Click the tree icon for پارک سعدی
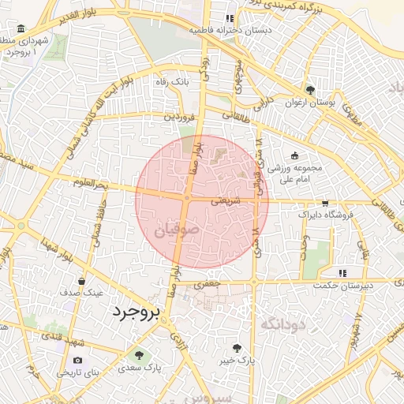click(x=140, y=355)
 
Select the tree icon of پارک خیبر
click(x=236, y=347)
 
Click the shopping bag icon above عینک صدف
click(x=82, y=280)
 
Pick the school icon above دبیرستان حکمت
click(x=342, y=273)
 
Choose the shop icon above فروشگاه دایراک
click(x=325, y=203)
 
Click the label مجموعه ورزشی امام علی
click(x=294, y=174)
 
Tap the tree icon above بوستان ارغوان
click(x=310, y=90)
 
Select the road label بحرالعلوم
click(x=88, y=185)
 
